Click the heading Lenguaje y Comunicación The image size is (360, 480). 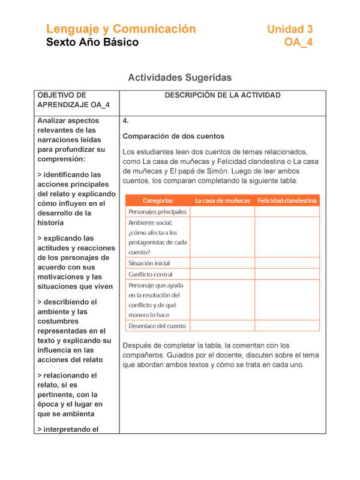coord(121,29)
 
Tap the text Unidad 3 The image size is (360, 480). coord(290,29)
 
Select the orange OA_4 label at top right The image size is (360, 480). coord(298,42)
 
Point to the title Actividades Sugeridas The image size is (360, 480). coord(180,78)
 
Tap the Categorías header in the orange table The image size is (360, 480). coord(158,200)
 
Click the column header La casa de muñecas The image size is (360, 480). coord(222,200)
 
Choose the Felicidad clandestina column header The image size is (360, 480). coord(287,200)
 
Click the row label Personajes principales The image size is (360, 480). coord(158,212)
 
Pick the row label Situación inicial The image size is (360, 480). coord(149,263)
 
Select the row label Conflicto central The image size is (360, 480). coord(151,275)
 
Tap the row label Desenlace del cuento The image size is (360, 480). coord(157,326)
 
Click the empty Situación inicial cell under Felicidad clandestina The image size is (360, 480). coord(287,263)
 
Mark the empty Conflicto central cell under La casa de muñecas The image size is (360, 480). coord(222,275)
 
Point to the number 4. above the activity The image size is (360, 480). coord(125,121)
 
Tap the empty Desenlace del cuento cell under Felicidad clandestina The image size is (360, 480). coord(287,326)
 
